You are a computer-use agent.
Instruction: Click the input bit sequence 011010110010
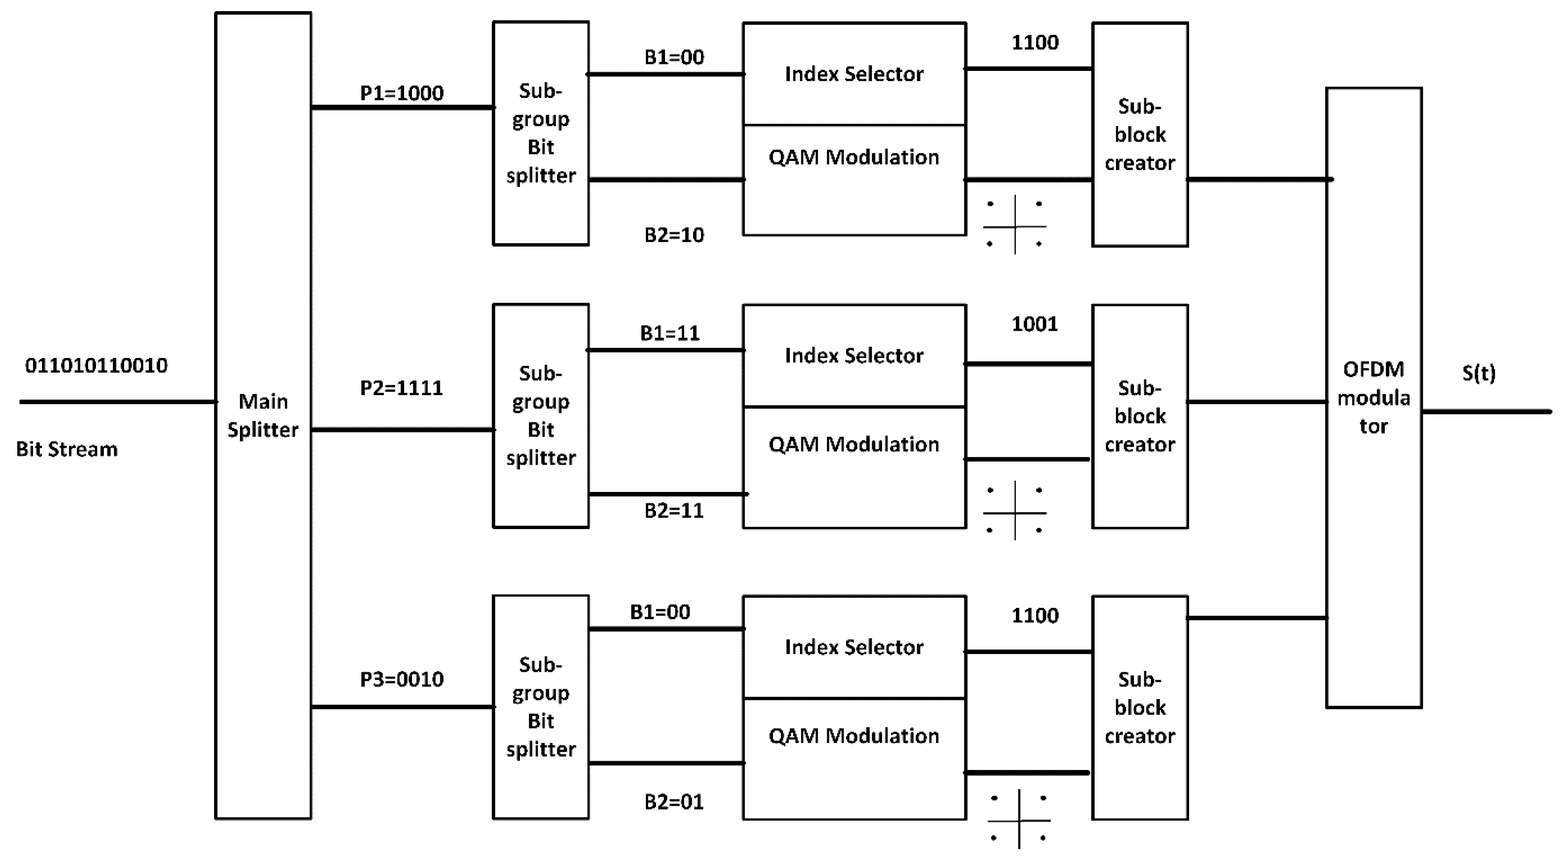click(96, 365)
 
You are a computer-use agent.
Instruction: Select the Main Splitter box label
click(263, 415)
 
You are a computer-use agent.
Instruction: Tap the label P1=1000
click(402, 93)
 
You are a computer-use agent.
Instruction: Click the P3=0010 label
click(402, 679)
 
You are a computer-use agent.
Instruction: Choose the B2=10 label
click(674, 235)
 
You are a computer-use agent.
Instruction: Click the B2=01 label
click(674, 802)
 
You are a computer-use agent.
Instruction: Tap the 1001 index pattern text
click(1034, 324)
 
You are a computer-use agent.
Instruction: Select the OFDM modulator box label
click(1373, 398)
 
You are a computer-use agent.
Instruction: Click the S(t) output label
click(1479, 373)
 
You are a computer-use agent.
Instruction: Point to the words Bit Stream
click(67, 449)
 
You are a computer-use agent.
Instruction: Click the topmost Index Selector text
click(854, 74)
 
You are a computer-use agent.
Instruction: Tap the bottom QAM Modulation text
click(854, 736)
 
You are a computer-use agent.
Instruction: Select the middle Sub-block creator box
click(1139, 417)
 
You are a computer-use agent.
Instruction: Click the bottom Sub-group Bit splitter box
click(541, 707)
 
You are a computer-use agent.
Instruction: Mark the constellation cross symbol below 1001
click(1015, 511)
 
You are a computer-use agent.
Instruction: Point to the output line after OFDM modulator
click(1486, 412)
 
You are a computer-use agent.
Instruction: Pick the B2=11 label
click(674, 511)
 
